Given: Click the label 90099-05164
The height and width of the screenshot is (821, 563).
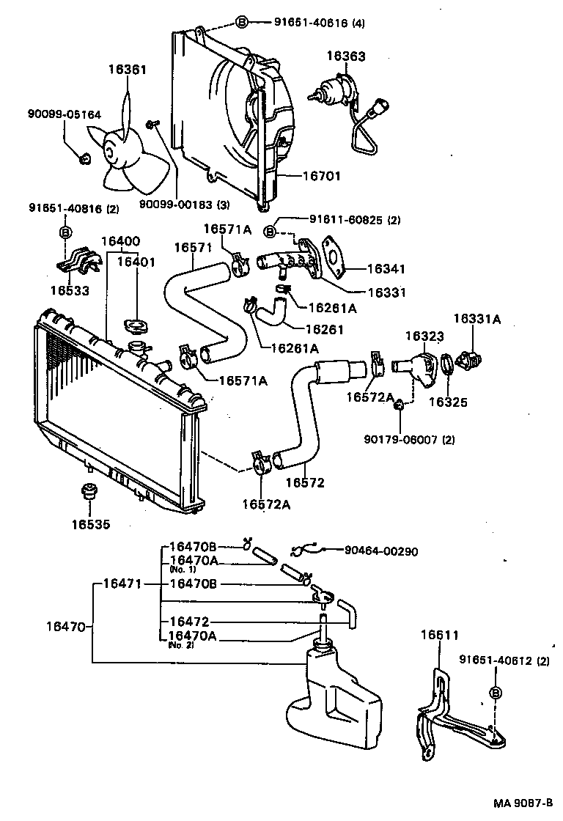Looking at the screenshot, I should pos(65,114).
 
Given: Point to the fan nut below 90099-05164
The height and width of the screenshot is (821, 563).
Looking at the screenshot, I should pos(84,156).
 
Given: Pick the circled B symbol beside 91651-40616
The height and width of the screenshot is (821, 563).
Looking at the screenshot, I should pos(241,23).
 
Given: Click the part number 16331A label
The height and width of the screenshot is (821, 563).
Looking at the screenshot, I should pos(476,319).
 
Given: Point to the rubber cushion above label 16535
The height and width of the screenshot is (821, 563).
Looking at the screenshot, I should pos(88,491).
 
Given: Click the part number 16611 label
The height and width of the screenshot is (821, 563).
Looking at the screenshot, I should pos(438,635).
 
